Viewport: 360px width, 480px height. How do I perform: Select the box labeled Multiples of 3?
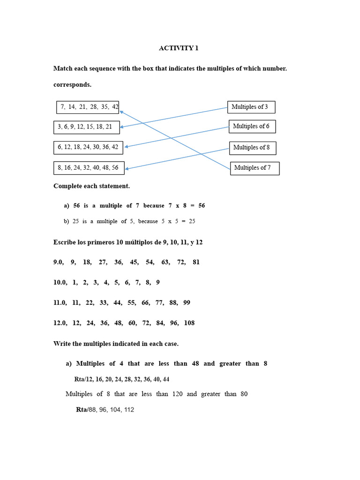(x=251, y=107)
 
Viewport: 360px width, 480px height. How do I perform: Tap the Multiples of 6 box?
(x=252, y=126)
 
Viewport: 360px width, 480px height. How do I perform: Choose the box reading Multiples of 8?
(x=252, y=148)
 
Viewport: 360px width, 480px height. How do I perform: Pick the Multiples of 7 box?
(x=254, y=168)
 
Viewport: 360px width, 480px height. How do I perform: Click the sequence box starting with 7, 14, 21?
(x=88, y=107)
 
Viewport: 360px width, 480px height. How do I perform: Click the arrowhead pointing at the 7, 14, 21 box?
(x=121, y=112)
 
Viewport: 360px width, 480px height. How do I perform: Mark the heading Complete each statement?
(x=91, y=186)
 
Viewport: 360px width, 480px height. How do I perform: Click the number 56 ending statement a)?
(x=201, y=205)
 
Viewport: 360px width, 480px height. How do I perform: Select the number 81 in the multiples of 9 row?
(x=196, y=262)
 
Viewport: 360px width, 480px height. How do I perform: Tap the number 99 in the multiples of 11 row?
(x=187, y=303)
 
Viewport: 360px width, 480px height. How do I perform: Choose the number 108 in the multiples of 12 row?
(x=189, y=323)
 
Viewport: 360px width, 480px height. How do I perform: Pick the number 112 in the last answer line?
(x=128, y=410)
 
